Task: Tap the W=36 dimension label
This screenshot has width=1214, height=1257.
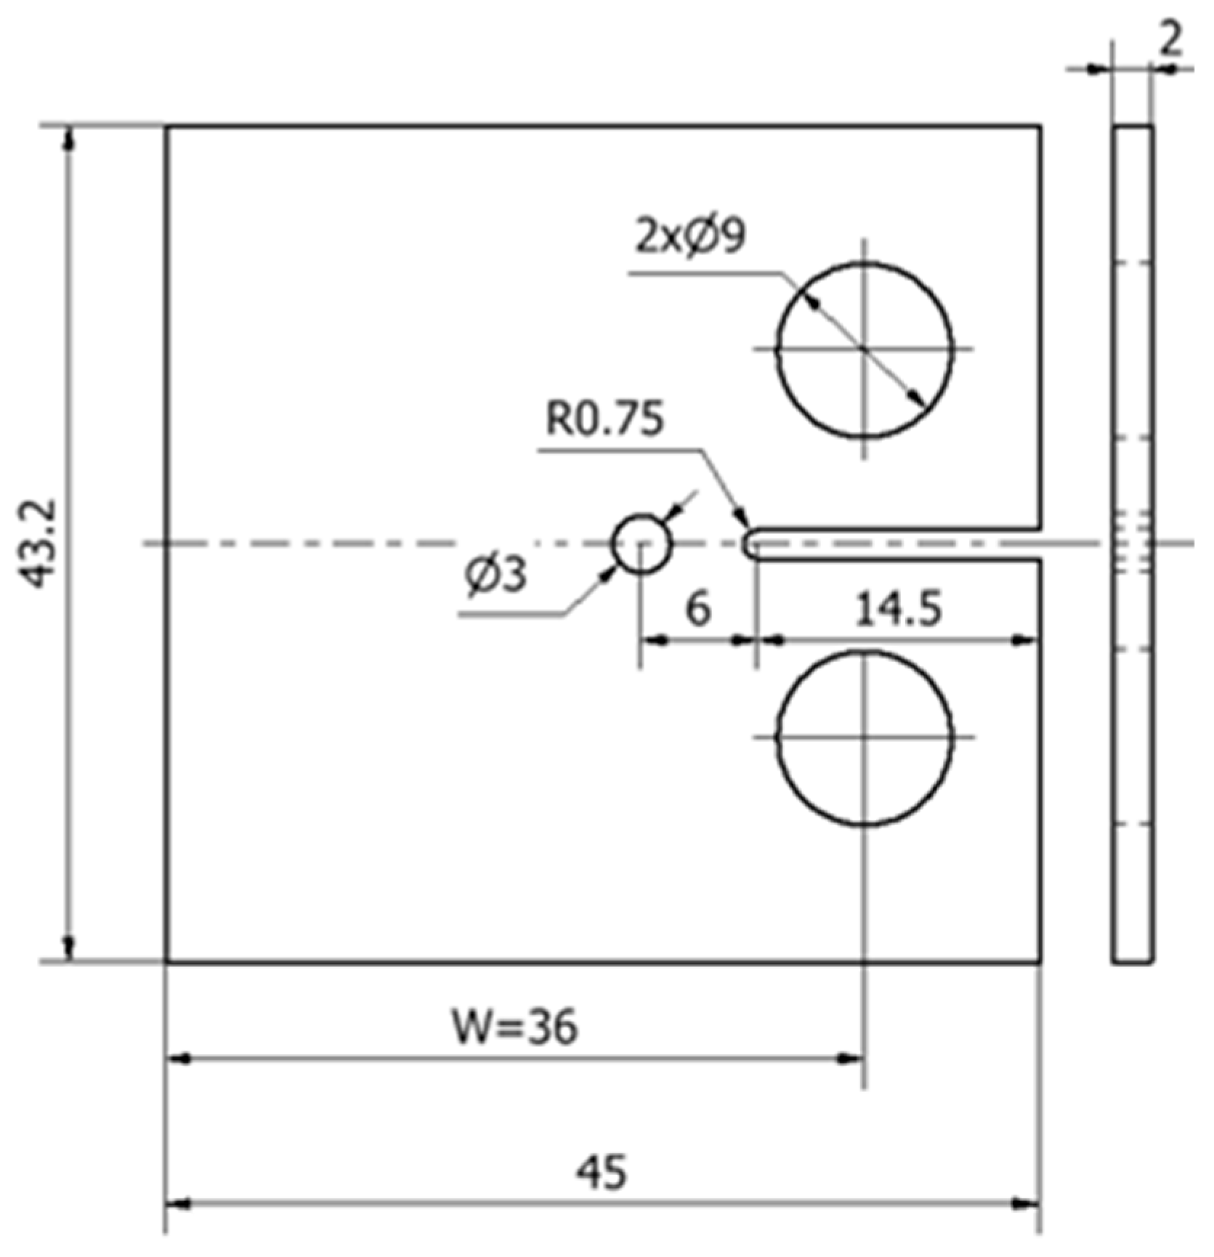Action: [515, 1027]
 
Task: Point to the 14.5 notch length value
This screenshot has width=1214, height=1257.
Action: [898, 608]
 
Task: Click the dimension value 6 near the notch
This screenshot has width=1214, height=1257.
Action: [697, 608]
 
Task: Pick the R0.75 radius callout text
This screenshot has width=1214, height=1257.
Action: [604, 419]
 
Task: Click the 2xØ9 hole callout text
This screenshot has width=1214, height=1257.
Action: [690, 236]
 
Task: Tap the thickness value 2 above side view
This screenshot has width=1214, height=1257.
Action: [1170, 41]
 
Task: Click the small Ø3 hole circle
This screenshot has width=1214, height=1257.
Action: [641, 543]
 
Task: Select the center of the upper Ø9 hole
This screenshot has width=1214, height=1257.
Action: [864, 349]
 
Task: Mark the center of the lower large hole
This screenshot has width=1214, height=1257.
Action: [864, 737]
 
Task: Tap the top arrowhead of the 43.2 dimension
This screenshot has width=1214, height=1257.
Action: [68, 138]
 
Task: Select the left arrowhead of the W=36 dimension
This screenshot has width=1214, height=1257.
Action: [179, 1059]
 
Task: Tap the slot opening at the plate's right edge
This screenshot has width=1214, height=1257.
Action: [1039, 543]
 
